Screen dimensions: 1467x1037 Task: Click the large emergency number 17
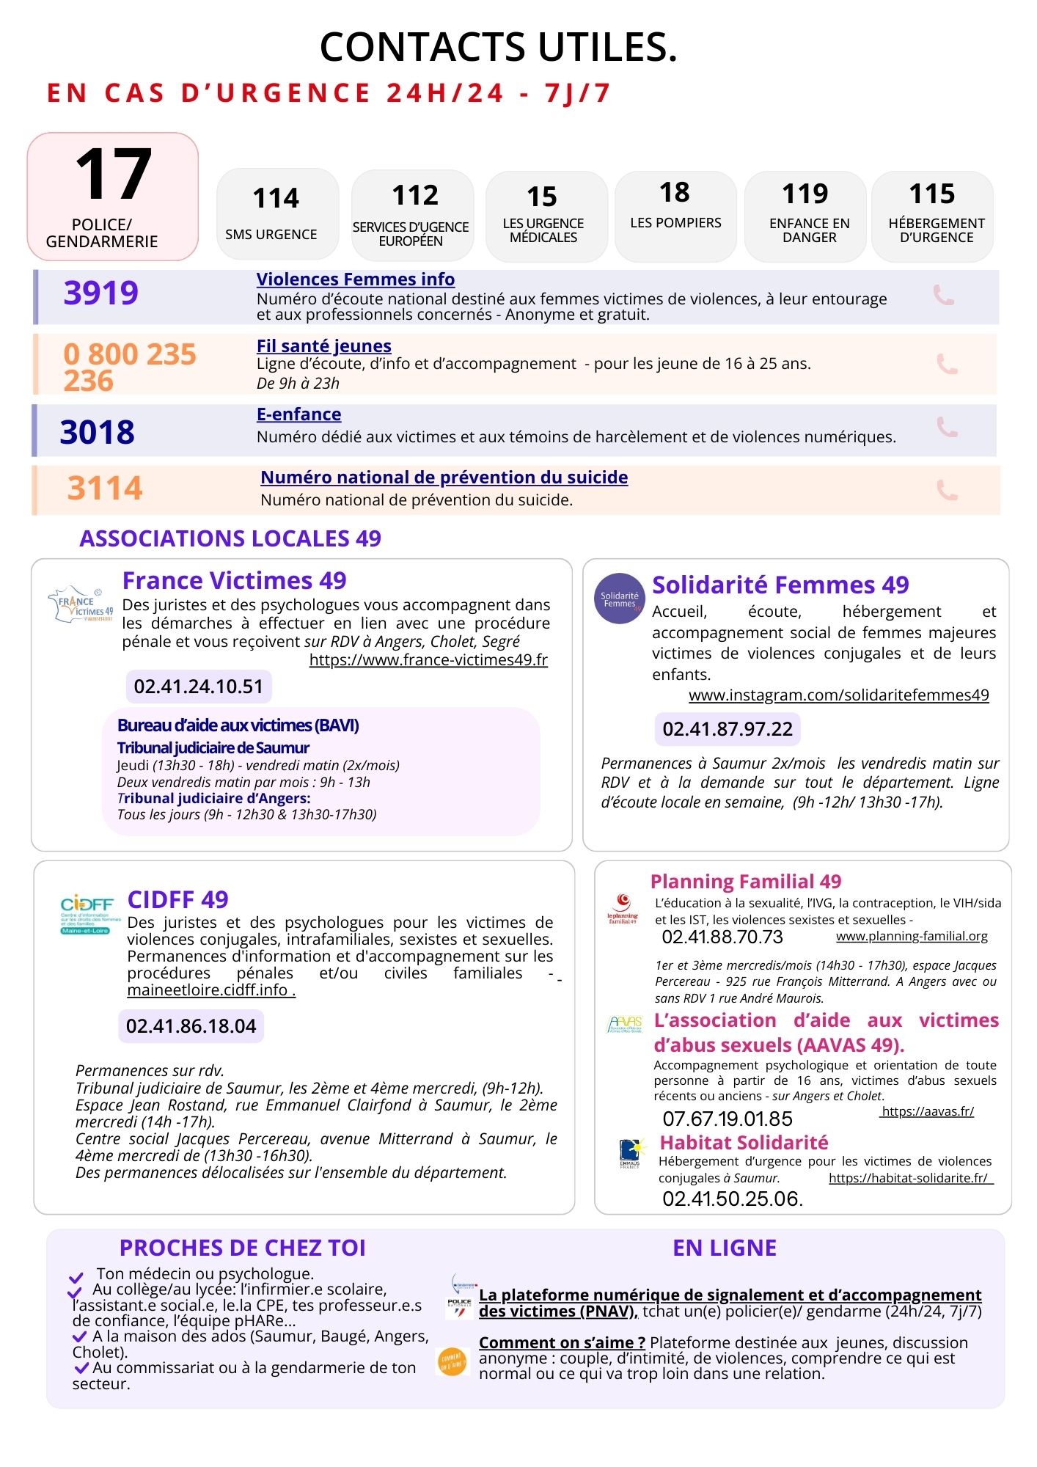pos(114,175)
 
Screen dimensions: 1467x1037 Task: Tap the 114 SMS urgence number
pos(276,199)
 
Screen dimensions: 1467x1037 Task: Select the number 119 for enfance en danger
pos(805,194)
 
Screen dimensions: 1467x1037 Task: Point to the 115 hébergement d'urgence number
pos(932,194)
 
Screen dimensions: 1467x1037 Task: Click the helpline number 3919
pos(101,293)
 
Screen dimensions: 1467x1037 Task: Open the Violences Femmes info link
pos(356,279)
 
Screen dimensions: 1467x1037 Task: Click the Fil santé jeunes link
pos(323,346)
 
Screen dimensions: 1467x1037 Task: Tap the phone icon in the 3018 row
pos(947,427)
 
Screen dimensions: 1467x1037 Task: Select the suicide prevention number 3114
pos(105,489)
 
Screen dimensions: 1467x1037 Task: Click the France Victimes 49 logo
pos(81,604)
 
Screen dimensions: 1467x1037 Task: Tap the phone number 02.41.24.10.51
pos(199,687)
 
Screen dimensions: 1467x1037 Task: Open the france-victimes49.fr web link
pos(428,660)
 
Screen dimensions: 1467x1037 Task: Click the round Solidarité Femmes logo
pos(620,599)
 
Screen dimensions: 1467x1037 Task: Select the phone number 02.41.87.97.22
pos(728,729)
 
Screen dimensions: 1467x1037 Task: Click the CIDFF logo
pos(87,914)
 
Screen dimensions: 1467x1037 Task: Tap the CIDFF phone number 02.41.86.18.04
pos(191,1026)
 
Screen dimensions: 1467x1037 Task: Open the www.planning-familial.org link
pos(912,937)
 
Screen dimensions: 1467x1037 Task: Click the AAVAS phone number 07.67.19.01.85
pos(728,1119)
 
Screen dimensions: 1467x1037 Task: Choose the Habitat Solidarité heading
pos(744,1143)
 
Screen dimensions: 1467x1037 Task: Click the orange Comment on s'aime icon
pos(452,1362)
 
